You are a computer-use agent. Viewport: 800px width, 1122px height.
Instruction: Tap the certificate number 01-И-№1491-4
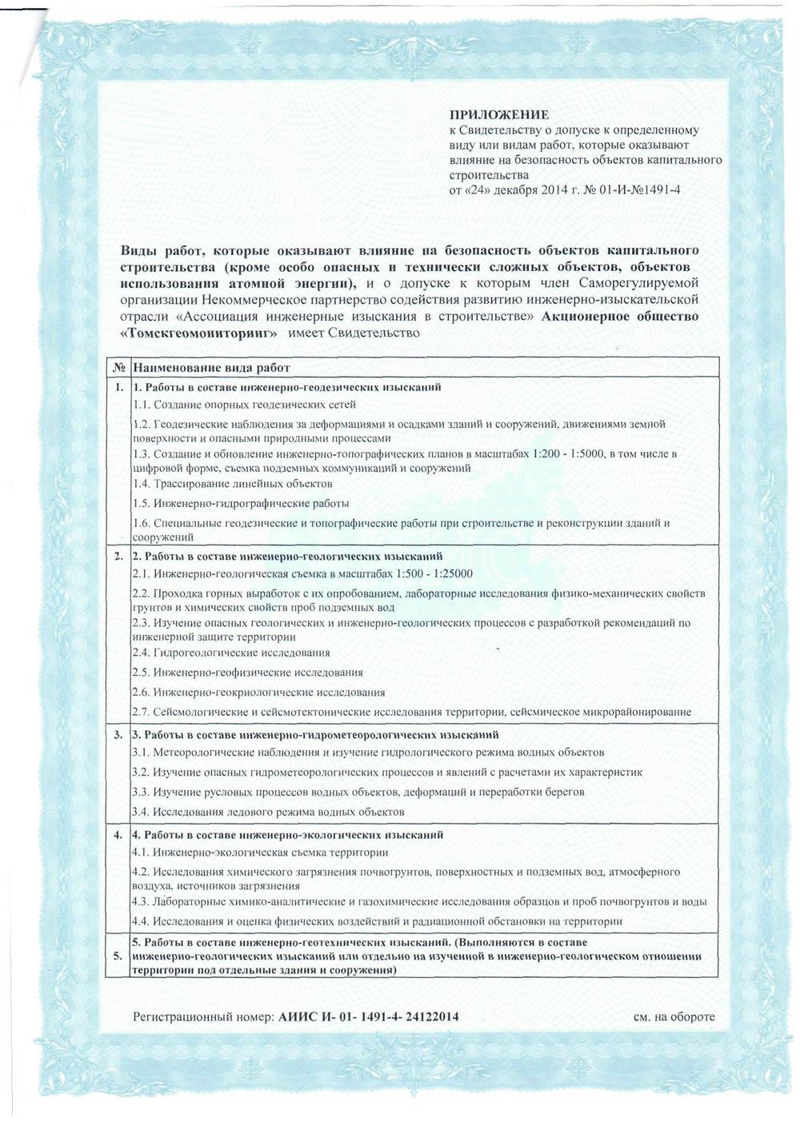[x=633, y=190]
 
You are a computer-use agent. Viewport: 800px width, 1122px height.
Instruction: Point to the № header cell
[x=117, y=369]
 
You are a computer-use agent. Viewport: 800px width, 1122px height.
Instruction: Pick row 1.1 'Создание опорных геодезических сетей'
[x=244, y=405]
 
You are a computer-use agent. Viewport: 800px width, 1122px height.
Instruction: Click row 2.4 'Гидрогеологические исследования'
[x=231, y=653]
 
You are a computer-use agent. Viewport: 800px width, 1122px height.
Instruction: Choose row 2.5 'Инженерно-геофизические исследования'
[x=248, y=673]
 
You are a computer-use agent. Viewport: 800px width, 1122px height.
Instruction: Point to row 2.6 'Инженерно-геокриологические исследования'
[x=258, y=693]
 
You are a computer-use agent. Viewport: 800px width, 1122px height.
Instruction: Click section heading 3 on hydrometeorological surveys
[x=316, y=734]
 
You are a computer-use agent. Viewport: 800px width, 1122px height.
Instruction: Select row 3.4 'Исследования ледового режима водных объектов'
[x=268, y=813]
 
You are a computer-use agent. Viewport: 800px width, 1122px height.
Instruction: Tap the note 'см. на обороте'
[x=674, y=1017]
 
